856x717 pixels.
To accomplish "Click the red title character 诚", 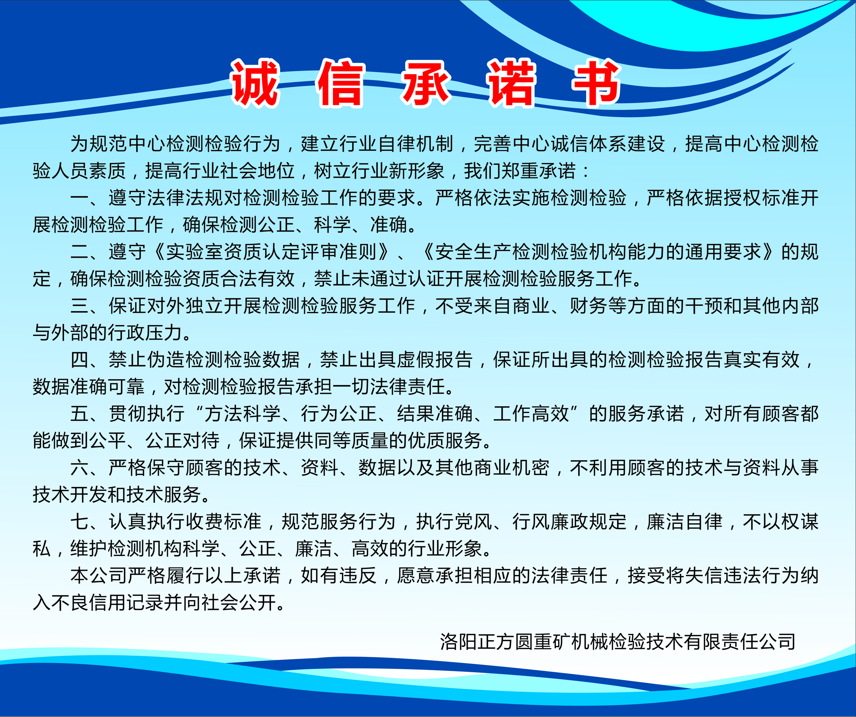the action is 255,83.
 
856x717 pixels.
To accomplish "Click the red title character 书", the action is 597,83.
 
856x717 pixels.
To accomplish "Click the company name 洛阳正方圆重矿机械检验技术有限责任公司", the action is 618,642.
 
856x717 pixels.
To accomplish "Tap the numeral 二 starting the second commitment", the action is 80,252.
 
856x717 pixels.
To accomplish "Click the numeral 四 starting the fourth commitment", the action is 80,360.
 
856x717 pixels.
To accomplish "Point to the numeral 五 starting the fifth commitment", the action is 80,414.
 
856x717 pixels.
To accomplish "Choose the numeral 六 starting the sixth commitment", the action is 80,468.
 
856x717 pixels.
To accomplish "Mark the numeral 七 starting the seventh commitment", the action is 80,522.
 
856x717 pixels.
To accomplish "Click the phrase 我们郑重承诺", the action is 520,171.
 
